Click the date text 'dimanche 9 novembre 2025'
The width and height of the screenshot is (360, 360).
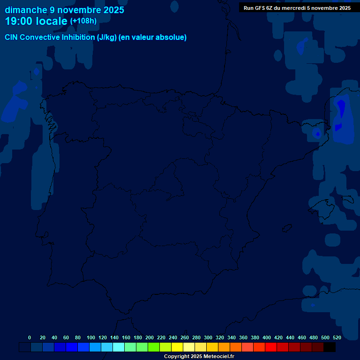click(65, 10)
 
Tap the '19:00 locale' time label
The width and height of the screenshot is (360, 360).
click(36, 21)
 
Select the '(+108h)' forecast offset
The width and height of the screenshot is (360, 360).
click(83, 21)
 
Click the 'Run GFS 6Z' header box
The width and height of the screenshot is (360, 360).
click(297, 8)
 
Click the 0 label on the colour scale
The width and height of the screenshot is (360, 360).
click(30, 337)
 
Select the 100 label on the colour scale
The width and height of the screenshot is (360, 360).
click(91, 337)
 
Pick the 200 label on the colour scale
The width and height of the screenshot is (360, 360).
click(150, 337)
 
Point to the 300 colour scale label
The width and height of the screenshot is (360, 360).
click(208, 337)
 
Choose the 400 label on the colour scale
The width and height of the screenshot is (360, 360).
click(267, 337)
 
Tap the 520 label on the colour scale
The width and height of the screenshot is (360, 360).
click(337, 337)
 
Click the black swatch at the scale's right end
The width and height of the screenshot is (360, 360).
click(330, 347)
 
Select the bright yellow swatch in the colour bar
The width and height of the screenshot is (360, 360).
click(177, 347)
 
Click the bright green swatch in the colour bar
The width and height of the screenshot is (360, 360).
click(154, 347)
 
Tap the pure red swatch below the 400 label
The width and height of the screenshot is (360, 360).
click(271, 347)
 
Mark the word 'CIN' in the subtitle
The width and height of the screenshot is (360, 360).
click(12, 37)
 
